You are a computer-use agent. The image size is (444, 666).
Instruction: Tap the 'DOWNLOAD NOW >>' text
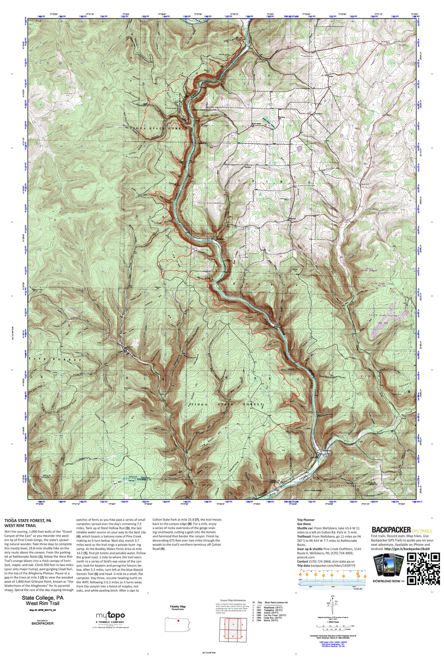click(388, 581)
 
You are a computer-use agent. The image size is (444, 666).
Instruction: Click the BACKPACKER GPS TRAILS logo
click(402, 530)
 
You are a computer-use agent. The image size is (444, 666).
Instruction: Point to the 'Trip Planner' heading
click(305, 520)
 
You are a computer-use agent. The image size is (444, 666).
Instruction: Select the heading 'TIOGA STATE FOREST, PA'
click(28, 520)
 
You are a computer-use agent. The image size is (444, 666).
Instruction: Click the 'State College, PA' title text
click(42, 598)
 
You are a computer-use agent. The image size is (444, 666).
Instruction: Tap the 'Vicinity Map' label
click(178, 606)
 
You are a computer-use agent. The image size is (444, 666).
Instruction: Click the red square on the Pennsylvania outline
click(178, 621)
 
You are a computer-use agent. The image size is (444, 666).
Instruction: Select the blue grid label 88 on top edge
click(40, 16)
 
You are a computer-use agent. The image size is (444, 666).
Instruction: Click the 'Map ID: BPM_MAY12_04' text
click(42, 610)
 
